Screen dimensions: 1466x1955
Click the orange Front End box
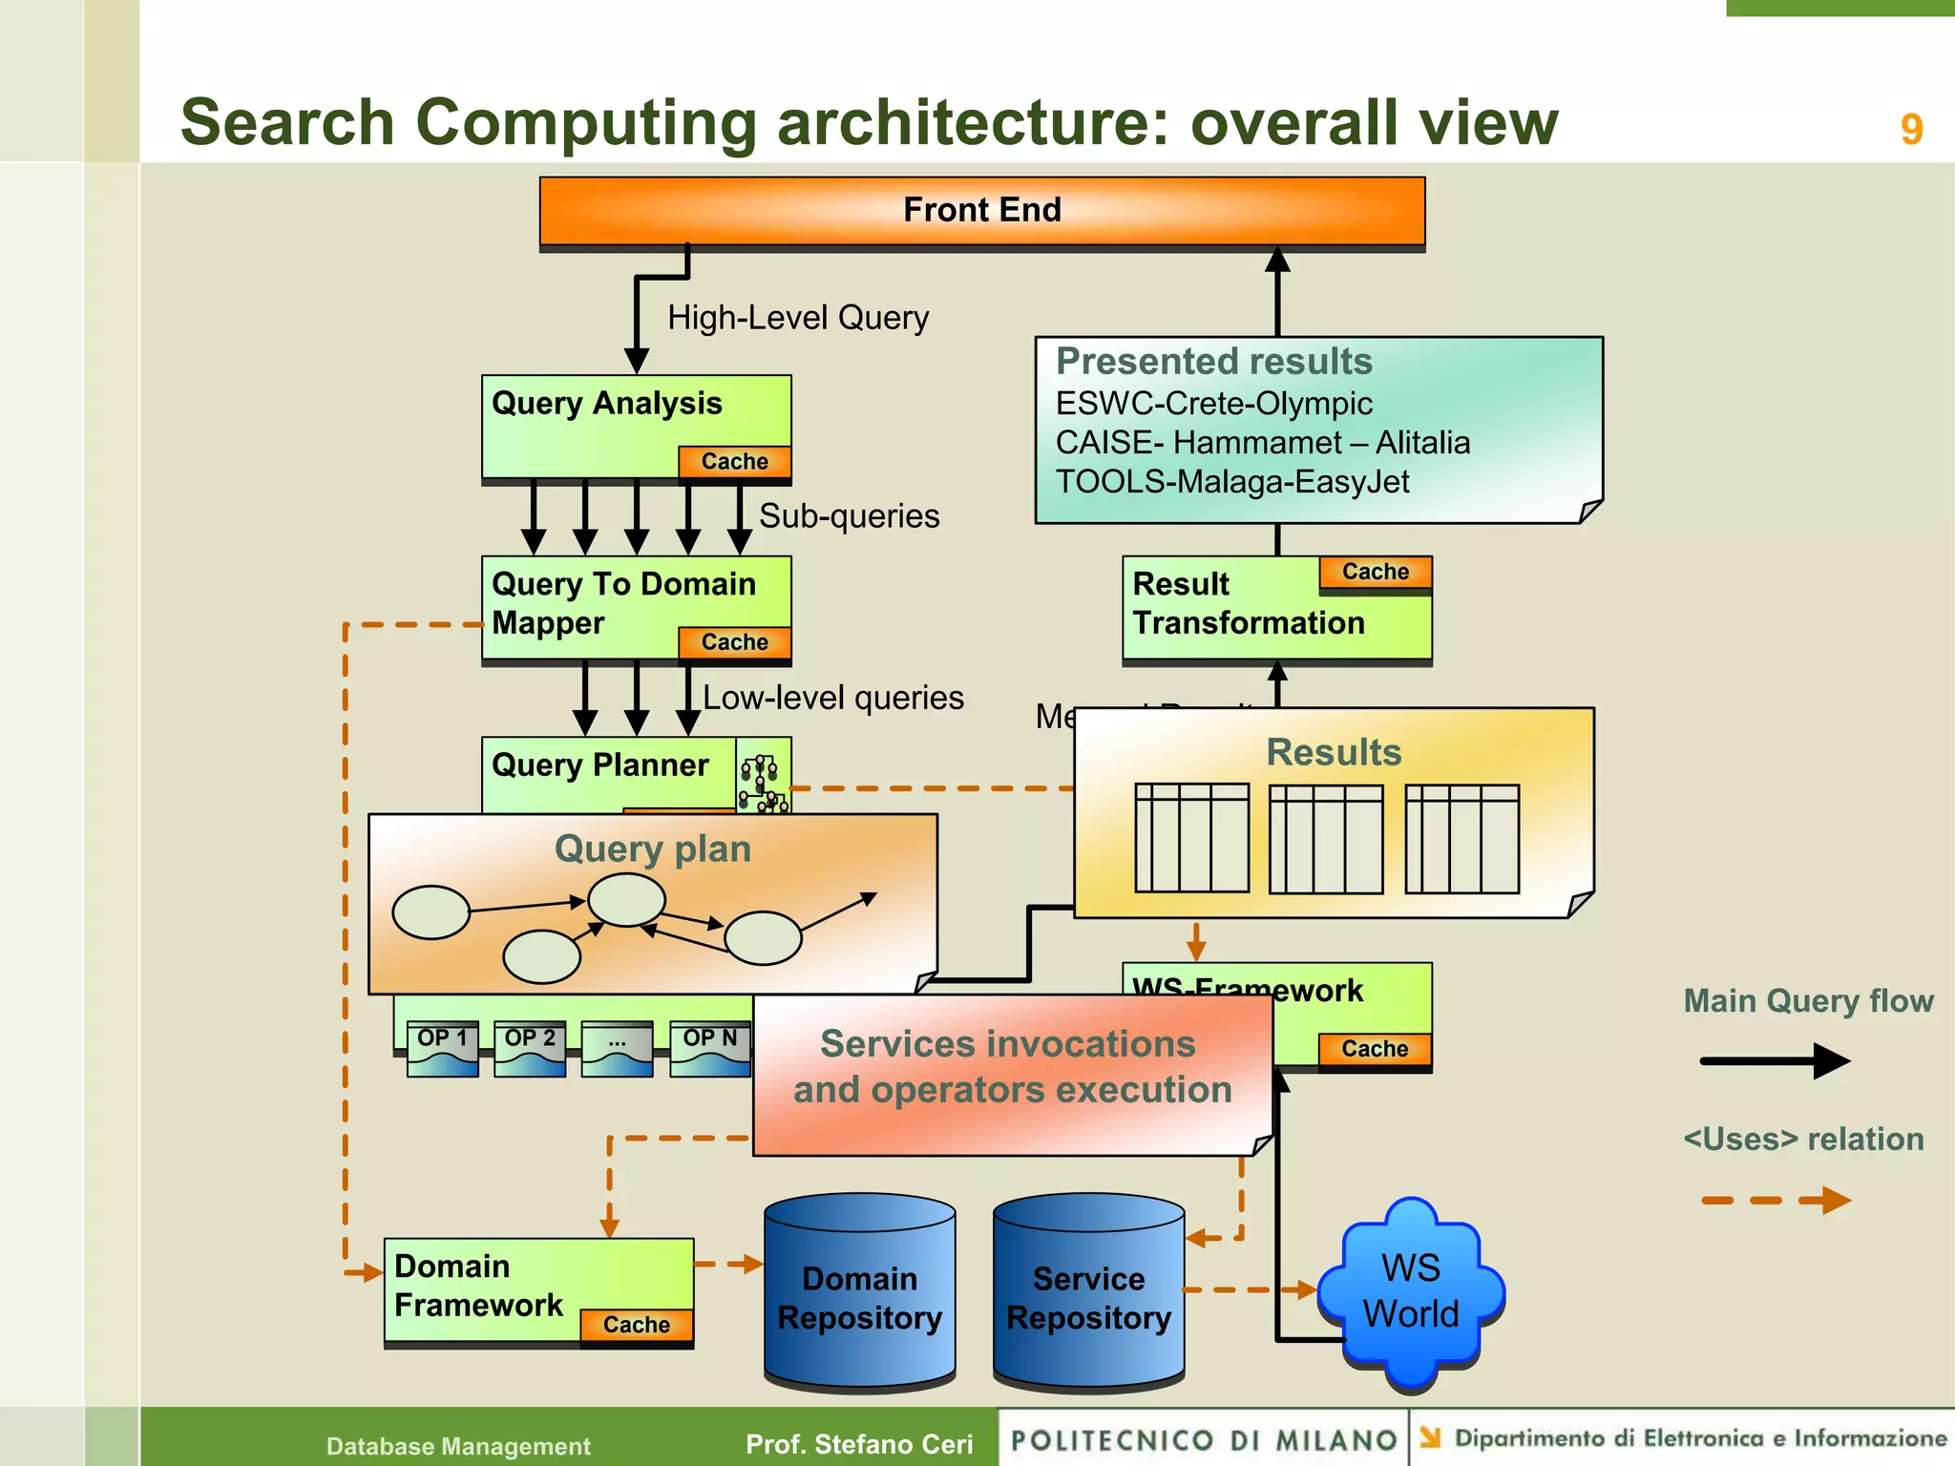tap(981, 210)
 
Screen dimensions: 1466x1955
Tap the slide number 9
tap(1910, 129)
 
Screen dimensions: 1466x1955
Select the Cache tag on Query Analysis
tap(734, 461)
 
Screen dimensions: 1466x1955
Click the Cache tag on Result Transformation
tap(1375, 572)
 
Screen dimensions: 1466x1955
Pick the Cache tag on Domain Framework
tap(636, 1325)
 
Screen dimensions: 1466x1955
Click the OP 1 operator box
tap(442, 1047)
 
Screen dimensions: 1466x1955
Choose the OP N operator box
tap(709, 1047)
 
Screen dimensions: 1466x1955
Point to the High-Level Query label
tap(797, 318)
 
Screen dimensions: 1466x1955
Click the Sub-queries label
tap(849, 516)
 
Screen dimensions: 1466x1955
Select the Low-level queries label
tap(832, 698)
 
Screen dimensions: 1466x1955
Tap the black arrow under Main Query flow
tap(1775, 1060)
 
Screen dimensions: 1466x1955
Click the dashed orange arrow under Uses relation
tap(1775, 1200)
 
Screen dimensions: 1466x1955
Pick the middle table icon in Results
tap(1325, 839)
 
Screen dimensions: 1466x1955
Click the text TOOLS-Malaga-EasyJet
tap(1231, 482)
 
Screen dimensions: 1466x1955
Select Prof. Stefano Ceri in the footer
tap(859, 1444)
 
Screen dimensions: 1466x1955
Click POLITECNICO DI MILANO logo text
tap(1204, 1440)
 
